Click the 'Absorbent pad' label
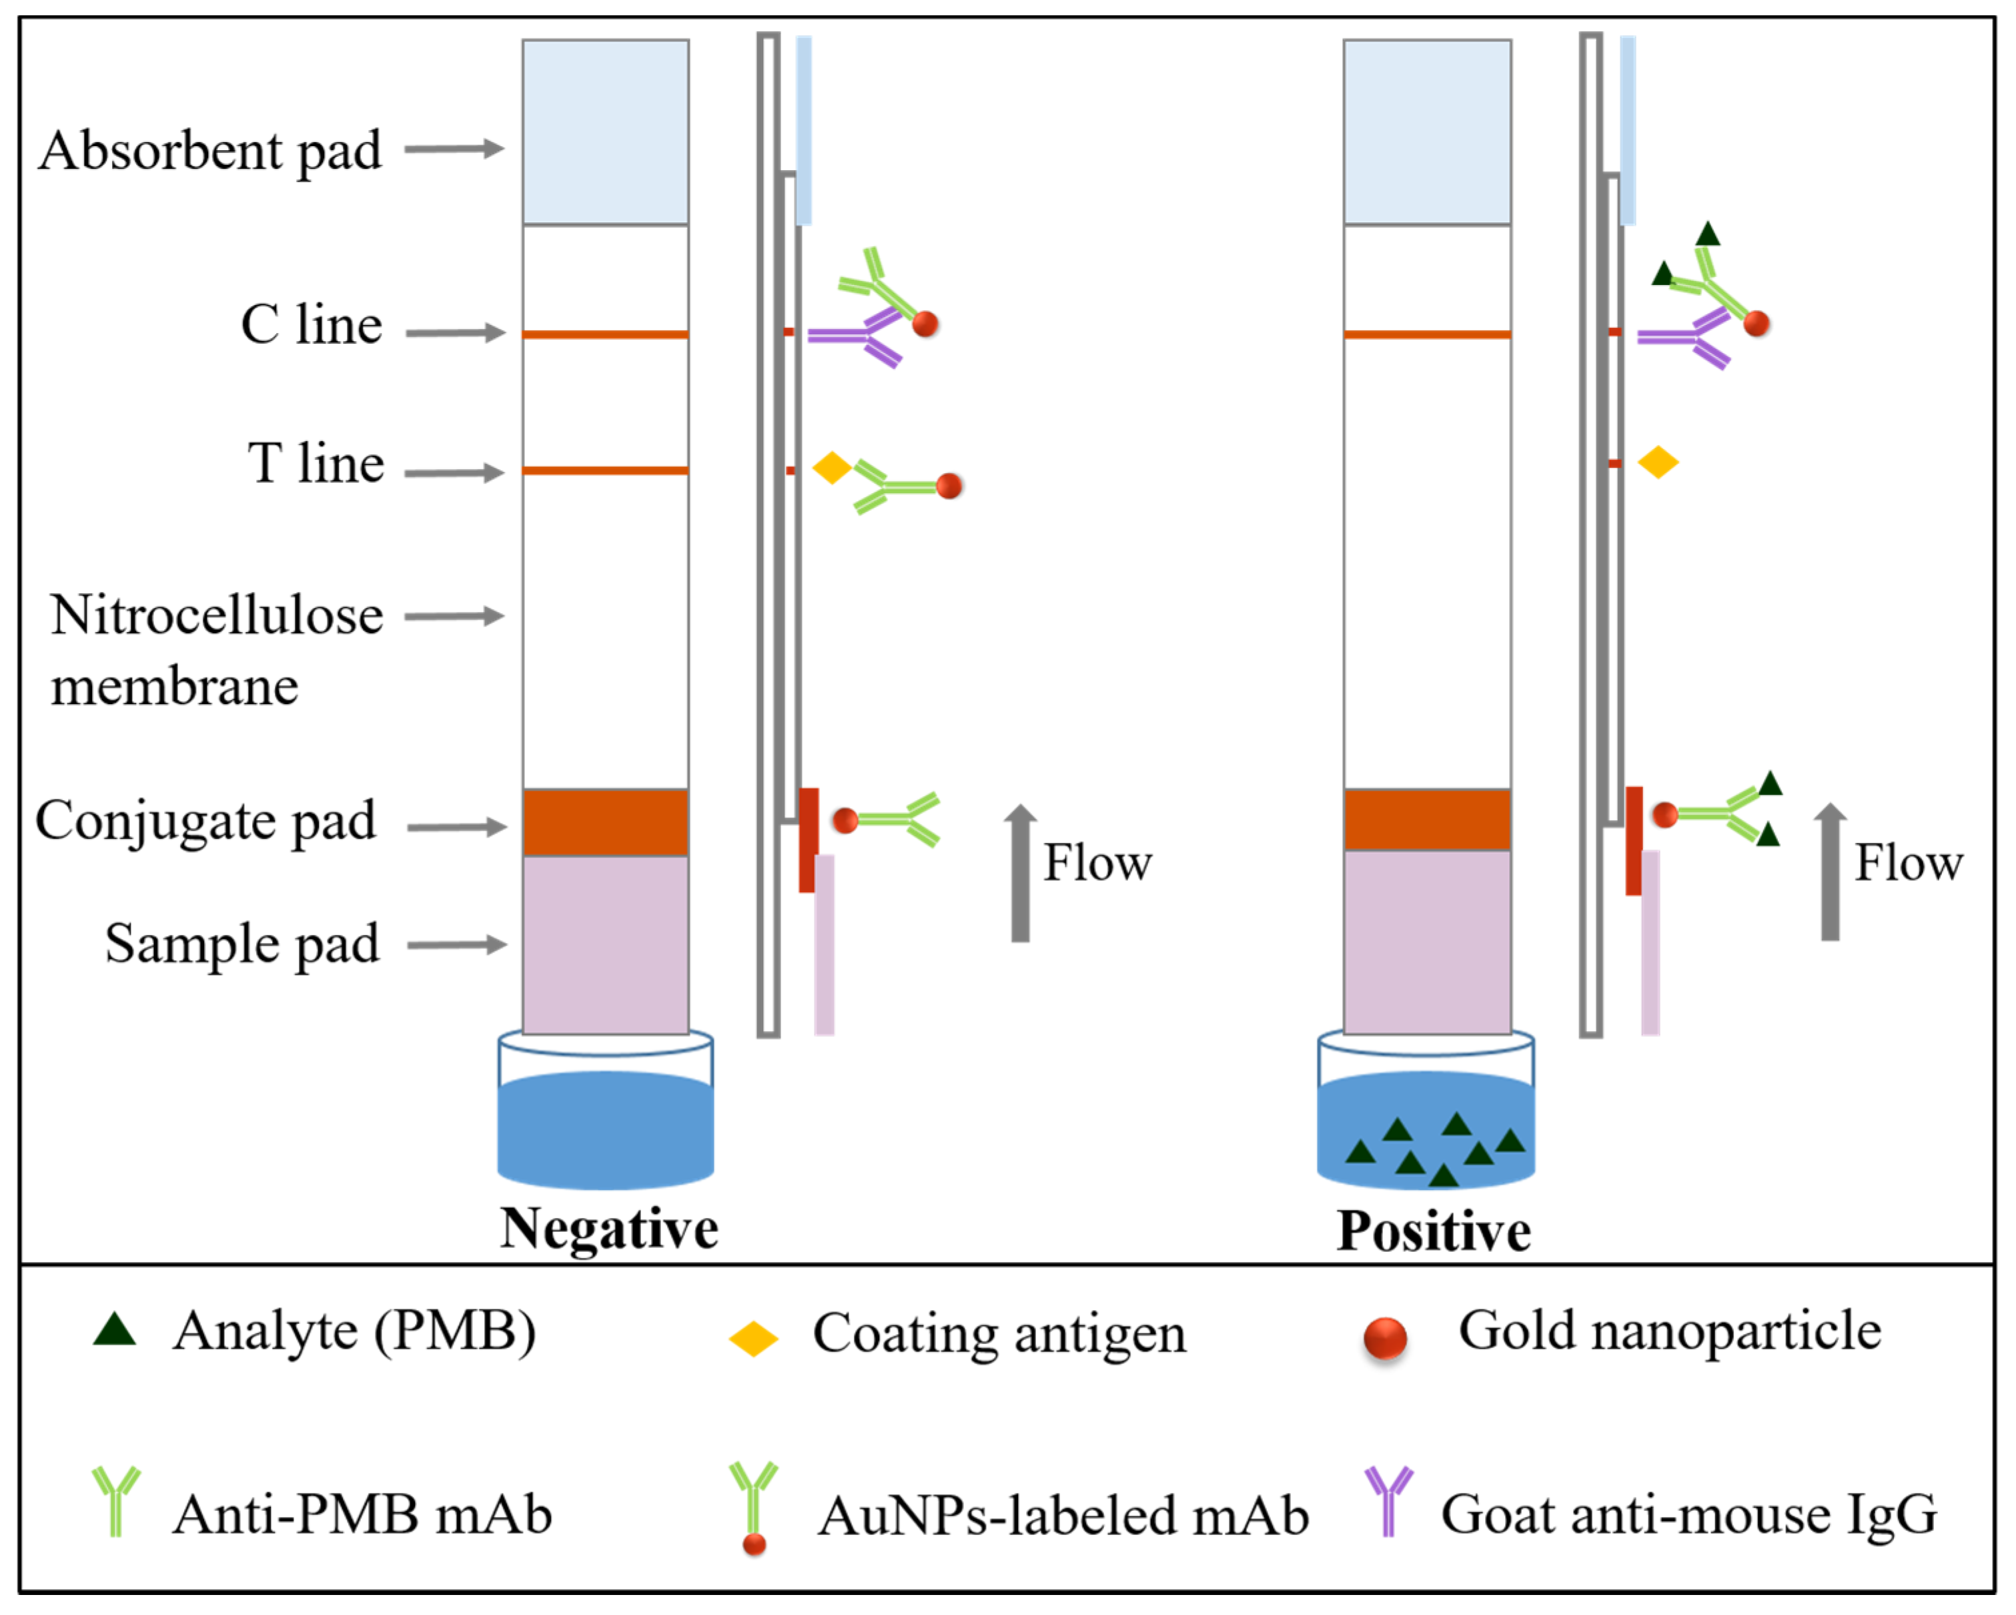pos(210,151)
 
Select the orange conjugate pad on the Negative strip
pos(605,823)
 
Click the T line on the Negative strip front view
pos(605,470)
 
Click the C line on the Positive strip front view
pos(1427,334)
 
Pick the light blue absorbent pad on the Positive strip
pos(1427,132)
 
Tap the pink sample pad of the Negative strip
pos(605,944)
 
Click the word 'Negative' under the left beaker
pos(608,1229)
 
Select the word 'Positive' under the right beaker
pos(1434,1231)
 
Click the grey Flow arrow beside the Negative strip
pos(1020,874)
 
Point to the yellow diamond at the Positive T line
pos(1658,462)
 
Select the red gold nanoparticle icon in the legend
pos(1385,1337)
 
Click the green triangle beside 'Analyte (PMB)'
pos(115,1330)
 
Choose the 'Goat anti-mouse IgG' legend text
pos(1688,1515)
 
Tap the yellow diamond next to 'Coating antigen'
pos(754,1339)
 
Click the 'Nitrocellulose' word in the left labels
pos(217,615)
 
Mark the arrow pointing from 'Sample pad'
pos(456,944)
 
